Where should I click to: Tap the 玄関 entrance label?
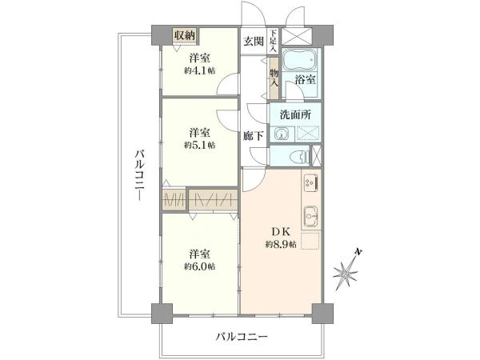[x=254, y=42]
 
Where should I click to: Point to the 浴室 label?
[x=305, y=80]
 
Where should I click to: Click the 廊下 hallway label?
[x=254, y=137]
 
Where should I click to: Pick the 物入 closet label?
[x=274, y=76]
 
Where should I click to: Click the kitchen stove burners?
[x=311, y=185]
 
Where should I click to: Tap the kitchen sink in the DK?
[x=311, y=215]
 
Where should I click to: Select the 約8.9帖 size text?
[x=281, y=244]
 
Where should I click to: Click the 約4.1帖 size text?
[x=200, y=70]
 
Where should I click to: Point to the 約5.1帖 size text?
[x=200, y=145]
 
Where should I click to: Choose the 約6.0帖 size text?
[x=200, y=266]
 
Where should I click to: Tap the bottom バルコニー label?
[x=241, y=337]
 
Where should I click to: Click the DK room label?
[x=280, y=232]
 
